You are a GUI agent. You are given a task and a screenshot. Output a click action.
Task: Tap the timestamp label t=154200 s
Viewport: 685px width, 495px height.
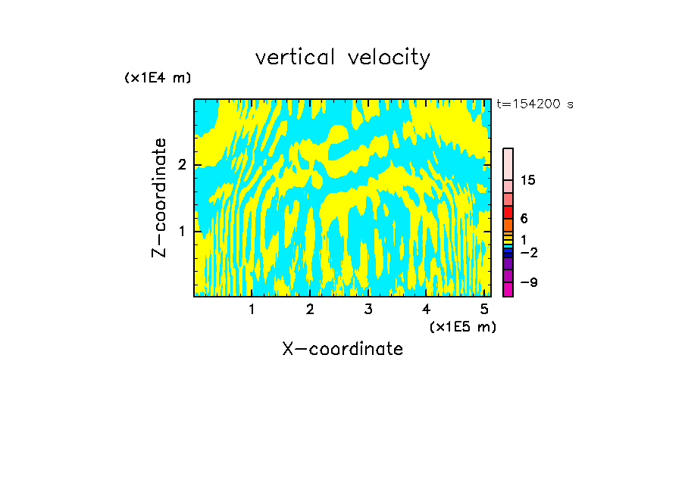tap(534, 104)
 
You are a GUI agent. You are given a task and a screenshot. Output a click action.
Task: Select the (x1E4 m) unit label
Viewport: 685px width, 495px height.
tap(158, 78)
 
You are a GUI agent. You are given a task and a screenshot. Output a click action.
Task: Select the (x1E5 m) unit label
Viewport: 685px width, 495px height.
tap(462, 326)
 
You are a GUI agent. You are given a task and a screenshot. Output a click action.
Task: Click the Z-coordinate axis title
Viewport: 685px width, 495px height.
tap(159, 198)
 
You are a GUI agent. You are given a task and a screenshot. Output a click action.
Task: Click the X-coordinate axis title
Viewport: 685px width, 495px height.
tap(342, 349)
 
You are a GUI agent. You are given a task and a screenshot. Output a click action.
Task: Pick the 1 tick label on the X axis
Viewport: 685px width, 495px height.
tap(252, 309)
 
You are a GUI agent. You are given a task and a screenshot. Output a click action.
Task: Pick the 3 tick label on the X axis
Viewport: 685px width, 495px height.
tap(368, 309)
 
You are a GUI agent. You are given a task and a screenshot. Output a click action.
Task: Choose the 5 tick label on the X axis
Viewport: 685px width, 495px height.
tap(484, 309)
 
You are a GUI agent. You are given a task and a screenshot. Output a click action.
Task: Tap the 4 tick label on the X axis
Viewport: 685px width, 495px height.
tap(426, 309)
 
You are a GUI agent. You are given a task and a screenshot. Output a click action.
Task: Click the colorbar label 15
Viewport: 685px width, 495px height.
tap(528, 180)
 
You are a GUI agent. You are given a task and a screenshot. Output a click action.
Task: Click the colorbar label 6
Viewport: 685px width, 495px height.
tap(524, 218)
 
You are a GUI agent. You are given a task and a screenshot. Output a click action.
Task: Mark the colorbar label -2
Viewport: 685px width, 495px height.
tap(528, 252)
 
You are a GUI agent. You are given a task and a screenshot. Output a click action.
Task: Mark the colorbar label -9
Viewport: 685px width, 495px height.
tap(528, 282)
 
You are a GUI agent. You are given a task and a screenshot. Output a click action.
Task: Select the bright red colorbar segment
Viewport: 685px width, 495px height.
tap(508, 213)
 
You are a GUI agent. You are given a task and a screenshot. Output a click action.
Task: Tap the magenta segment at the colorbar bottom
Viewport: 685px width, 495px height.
tap(508, 289)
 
